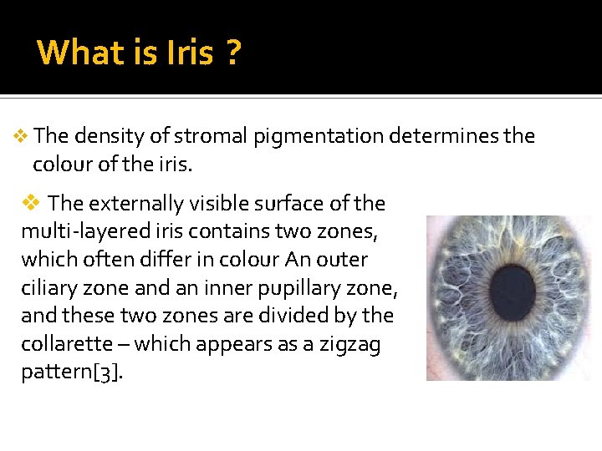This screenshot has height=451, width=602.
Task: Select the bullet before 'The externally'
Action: click(x=31, y=203)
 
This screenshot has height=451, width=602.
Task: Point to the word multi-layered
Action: click(x=76, y=232)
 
